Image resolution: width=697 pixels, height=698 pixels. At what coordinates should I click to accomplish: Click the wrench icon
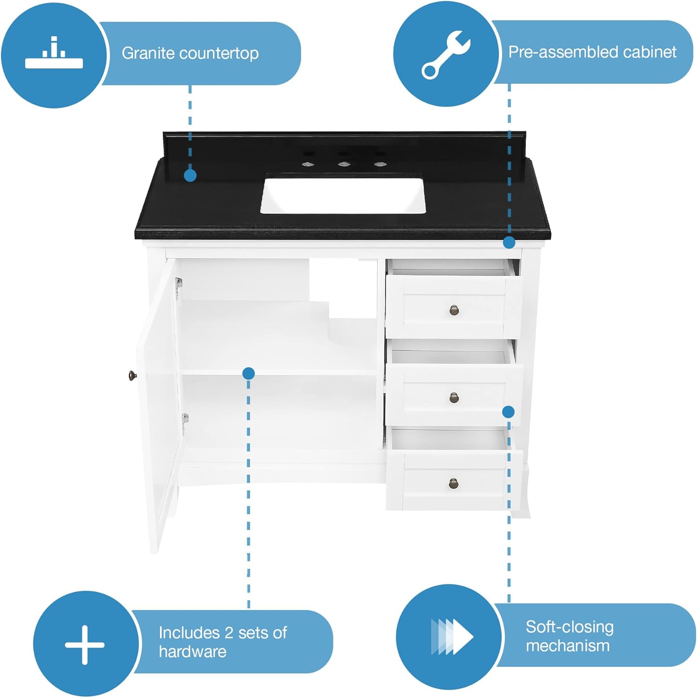(x=445, y=55)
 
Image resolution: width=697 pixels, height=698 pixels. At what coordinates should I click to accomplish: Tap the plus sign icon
(x=85, y=644)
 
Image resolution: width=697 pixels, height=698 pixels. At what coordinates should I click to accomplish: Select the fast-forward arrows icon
(x=451, y=637)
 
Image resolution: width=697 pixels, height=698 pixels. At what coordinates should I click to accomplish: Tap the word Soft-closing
(x=569, y=627)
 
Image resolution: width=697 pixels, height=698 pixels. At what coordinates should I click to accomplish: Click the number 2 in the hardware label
(x=228, y=633)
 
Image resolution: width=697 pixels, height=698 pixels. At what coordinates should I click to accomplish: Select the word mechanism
(x=567, y=646)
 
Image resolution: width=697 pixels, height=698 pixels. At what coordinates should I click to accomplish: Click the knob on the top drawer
(x=454, y=310)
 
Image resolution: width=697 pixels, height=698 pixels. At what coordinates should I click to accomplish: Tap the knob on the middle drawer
(x=454, y=397)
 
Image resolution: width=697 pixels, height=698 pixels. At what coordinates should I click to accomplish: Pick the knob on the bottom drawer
(x=454, y=484)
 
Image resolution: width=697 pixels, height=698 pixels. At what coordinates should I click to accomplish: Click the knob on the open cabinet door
(x=132, y=375)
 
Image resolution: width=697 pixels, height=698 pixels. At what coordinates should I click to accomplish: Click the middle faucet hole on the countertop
(x=343, y=164)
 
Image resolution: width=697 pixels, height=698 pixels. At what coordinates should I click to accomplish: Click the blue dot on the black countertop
(x=190, y=175)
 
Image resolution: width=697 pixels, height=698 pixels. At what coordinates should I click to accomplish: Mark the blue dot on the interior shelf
(x=248, y=373)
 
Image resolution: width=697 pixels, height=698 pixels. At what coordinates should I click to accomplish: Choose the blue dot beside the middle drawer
(x=508, y=412)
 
